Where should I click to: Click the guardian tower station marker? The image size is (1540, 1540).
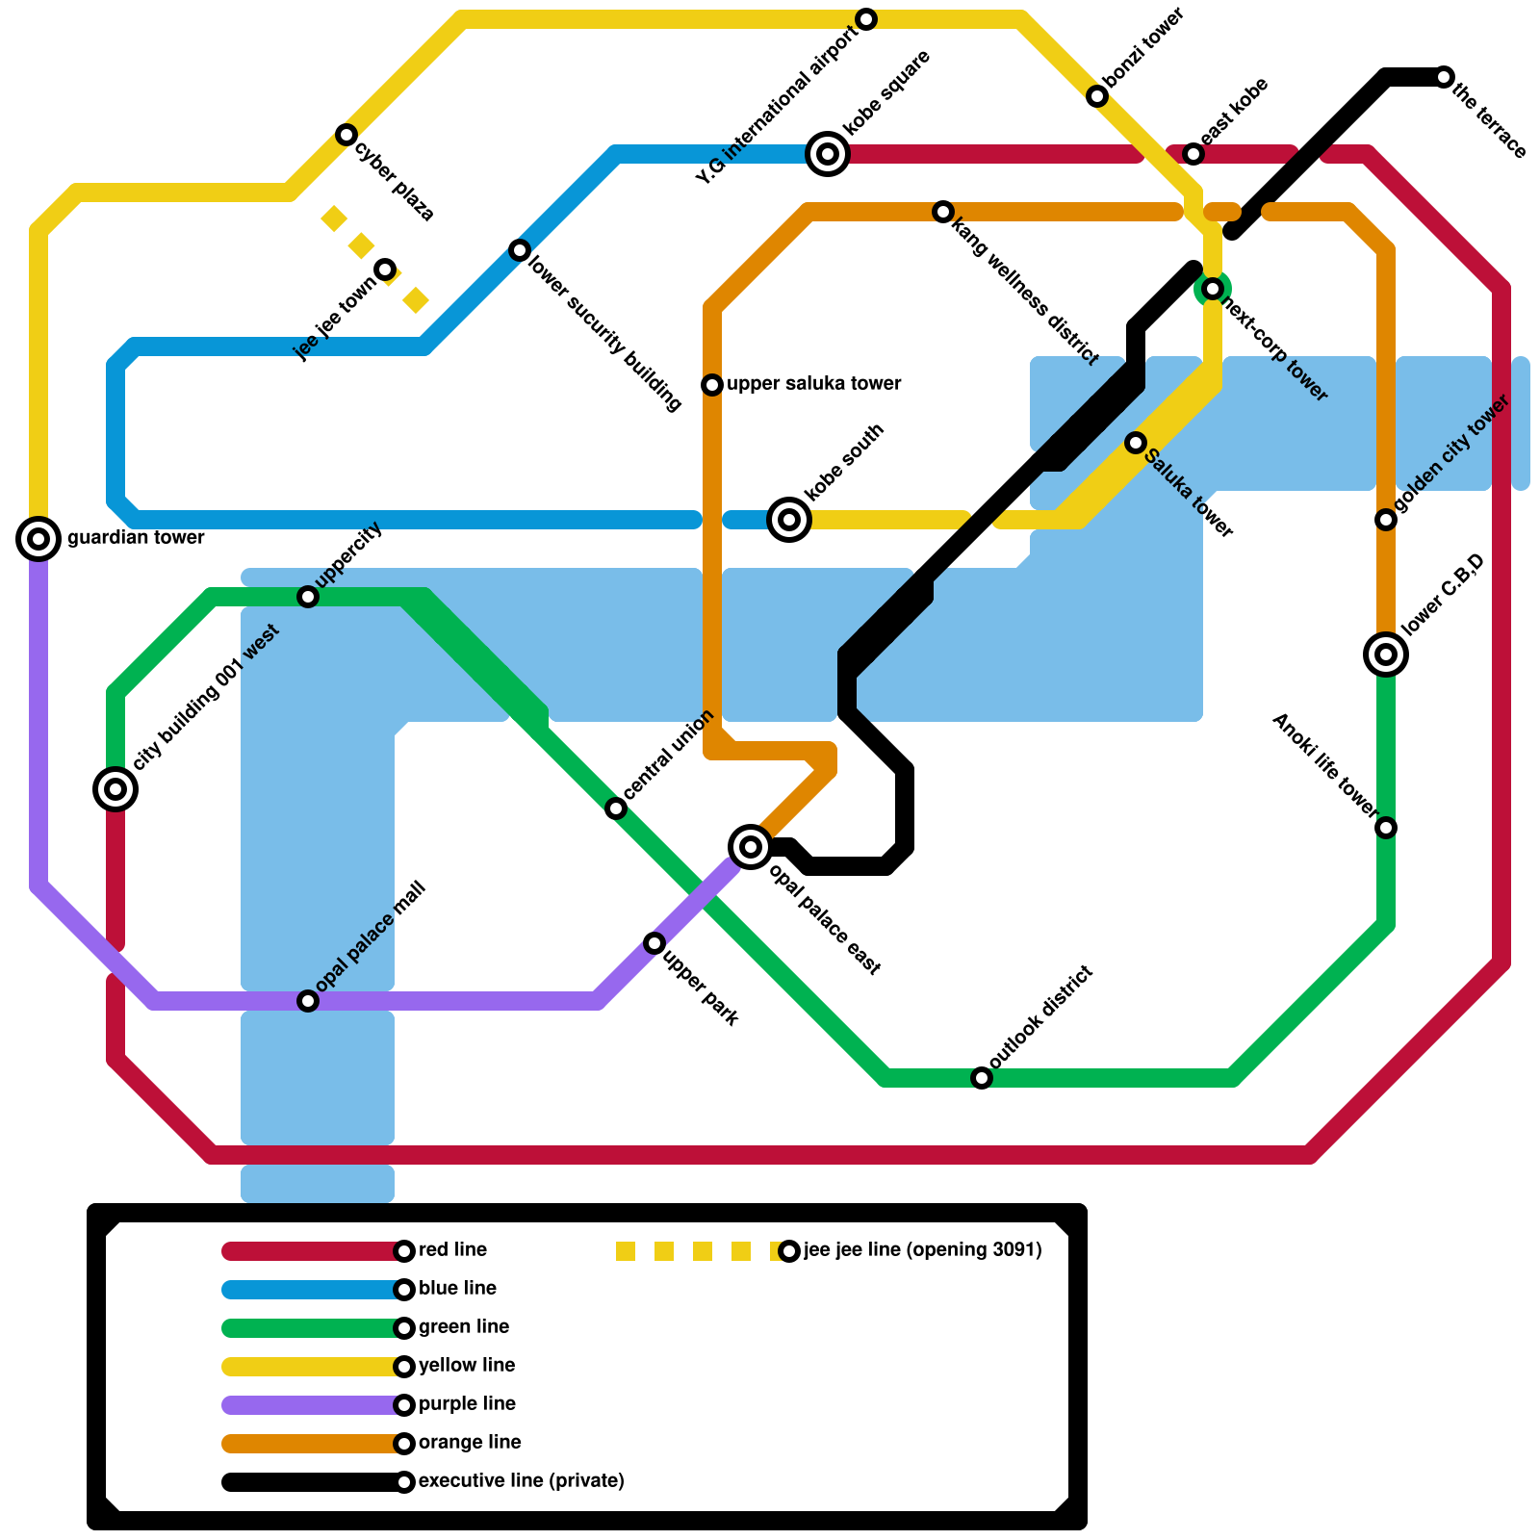coord(38,539)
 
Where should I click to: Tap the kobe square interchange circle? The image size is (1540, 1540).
coord(828,154)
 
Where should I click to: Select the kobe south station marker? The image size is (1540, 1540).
coord(789,520)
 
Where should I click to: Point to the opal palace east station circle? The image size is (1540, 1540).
coord(751,847)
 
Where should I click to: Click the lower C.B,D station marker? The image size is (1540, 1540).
coord(1386,654)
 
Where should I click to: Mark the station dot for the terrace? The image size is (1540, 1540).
coord(1444,77)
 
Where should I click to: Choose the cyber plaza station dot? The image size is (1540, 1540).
coord(346,135)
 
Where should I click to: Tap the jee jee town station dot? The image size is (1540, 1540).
coord(385,269)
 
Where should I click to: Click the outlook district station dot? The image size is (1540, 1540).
coord(982,1078)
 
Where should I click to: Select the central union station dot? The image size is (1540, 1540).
coord(616,808)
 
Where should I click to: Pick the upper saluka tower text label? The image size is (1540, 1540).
coord(813,384)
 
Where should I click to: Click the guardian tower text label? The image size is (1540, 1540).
coord(136,538)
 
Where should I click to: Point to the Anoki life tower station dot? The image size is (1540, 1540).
coord(1386,828)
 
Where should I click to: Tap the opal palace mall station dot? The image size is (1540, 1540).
coord(308,1001)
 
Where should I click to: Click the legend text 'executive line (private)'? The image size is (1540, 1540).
coord(521,1481)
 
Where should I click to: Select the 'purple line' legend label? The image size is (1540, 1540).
coord(467,1404)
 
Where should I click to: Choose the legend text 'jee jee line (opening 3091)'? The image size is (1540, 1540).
coord(922,1250)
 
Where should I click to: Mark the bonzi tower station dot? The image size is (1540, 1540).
coord(1097,96)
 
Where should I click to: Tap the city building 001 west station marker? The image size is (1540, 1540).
coord(115,789)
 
